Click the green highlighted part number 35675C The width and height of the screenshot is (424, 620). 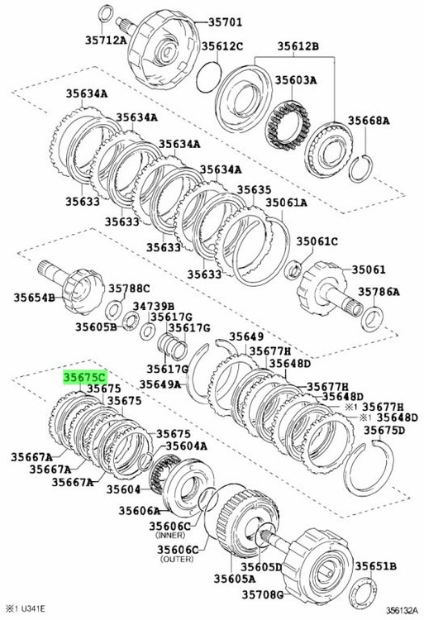tap(85, 377)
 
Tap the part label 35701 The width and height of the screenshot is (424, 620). tap(225, 22)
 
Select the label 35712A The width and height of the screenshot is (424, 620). tap(106, 40)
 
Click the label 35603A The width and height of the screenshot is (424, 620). tap(296, 80)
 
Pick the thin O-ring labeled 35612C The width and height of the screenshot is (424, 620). tap(208, 78)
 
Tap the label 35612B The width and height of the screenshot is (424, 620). tap(298, 46)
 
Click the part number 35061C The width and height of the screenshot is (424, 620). tap(317, 241)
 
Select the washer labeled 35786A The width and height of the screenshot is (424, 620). tap(372, 319)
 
